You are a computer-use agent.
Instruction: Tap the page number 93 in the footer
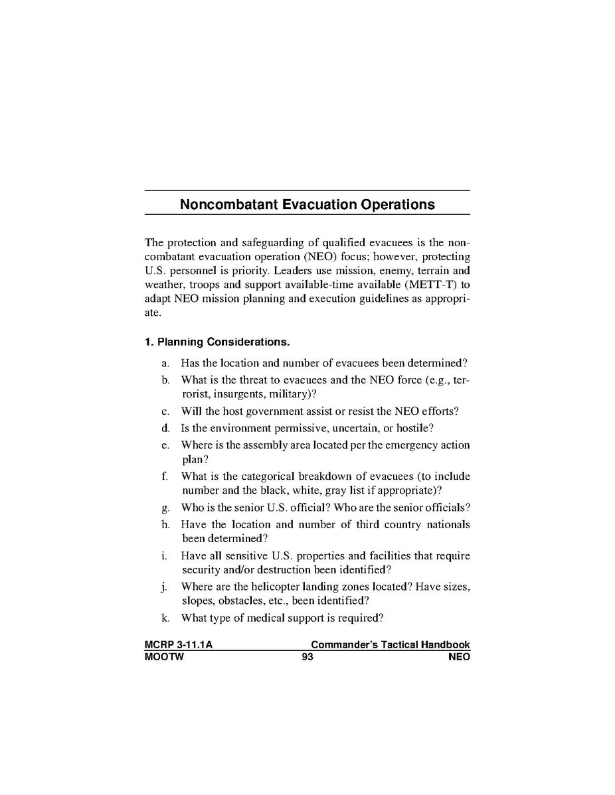[307, 657]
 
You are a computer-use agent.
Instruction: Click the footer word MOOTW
[163, 657]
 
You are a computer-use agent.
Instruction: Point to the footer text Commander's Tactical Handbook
[390, 644]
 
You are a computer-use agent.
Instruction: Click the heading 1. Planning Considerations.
[217, 342]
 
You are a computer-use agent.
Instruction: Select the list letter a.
[165, 364]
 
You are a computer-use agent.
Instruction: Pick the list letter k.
[165, 618]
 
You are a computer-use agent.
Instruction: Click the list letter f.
[165, 476]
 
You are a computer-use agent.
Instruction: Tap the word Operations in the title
[398, 204]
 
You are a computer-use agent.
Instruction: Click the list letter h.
[165, 524]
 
